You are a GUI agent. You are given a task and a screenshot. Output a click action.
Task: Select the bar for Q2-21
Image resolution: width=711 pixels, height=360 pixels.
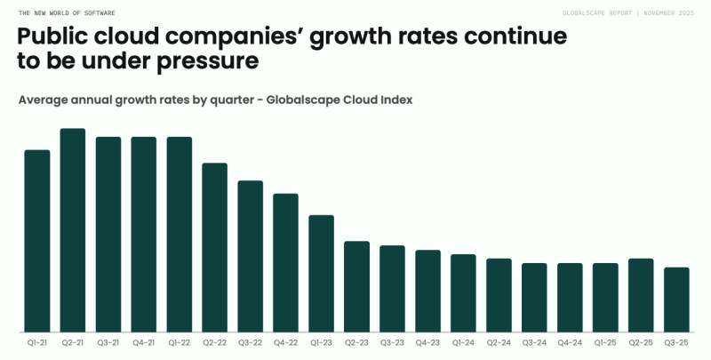pyautogui.click(x=73, y=231)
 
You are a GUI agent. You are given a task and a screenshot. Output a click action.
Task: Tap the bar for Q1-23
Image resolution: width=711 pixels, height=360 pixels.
pyautogui.click(x=322, y=274)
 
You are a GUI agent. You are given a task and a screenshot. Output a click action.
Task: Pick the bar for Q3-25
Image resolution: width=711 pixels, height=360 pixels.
pyautogui.click(x=677, y=300)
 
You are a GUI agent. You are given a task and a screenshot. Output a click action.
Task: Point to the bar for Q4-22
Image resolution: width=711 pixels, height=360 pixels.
pyautogui.click(x=286, y=263)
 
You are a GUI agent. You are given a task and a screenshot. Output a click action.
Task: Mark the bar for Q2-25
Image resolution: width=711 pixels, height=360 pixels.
pyautogui.click(x=642, y=296)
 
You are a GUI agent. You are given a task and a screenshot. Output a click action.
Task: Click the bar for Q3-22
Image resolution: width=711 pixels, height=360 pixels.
pyautogui.click(x=251, y=257)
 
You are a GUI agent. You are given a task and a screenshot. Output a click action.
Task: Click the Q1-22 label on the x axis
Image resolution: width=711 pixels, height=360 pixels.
pyautogui.click(x=180, y=341)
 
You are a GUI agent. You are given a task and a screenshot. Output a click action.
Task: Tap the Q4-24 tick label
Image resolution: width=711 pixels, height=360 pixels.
pyautogui.click(x=571, y=341)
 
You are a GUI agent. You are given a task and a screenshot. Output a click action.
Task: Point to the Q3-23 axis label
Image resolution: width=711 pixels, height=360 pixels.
pyautogui.click(x=393, y=341)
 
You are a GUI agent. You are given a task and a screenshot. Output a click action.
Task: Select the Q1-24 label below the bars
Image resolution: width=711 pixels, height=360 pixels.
pyautogui.click(x=464, y=341)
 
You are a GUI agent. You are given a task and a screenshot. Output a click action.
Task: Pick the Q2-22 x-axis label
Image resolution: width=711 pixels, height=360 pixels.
pyautogui.click(x=215, y=341)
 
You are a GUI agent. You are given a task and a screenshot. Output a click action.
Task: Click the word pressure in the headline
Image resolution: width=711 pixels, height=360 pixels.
pyautogui.click(x=205, y=62)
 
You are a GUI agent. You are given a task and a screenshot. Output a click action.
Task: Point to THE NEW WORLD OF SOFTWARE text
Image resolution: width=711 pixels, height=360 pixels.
pyautogui.click(x=66, y=13)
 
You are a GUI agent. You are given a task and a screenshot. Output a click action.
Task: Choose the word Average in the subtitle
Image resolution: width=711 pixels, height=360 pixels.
pyautogui.click(x=44, y=100)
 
